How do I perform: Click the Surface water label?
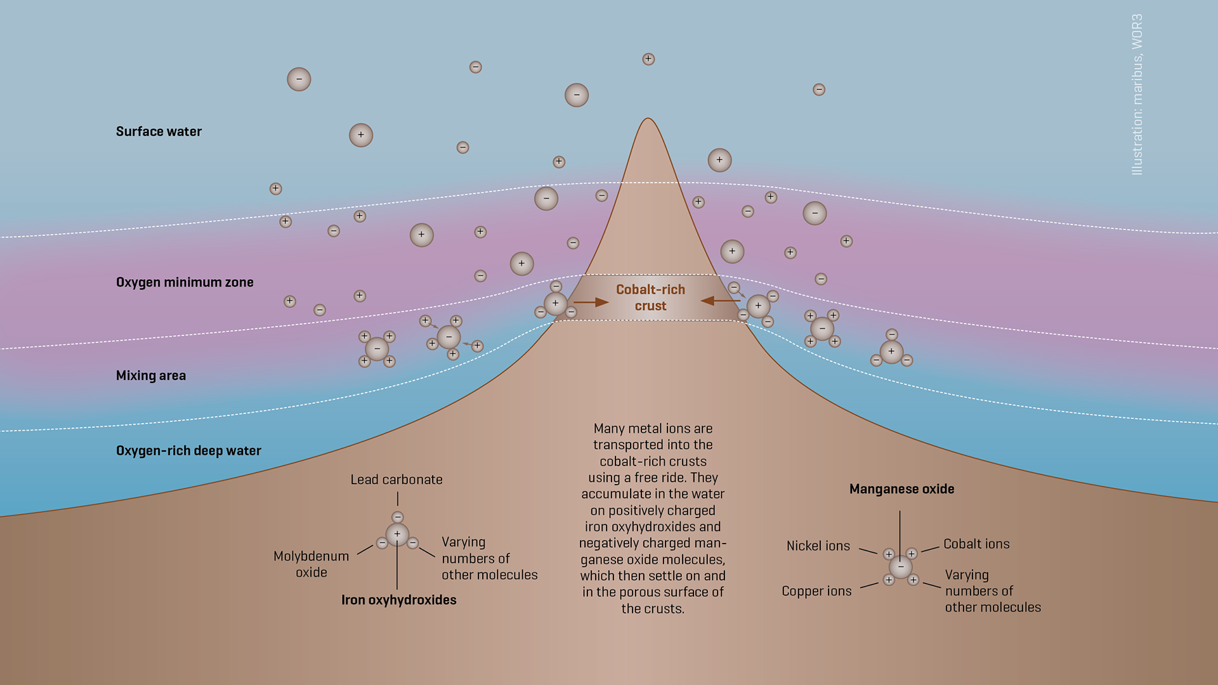[x=159, y=132]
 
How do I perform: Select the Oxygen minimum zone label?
[x=185, y=282]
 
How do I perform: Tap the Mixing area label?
[x=151, y=375]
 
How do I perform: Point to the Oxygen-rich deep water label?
[x=188, y=451]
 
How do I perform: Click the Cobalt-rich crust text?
[x=650, y=297]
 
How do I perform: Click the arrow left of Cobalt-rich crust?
[x=591, y=303]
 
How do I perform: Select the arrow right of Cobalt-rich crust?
[x=719, y=301]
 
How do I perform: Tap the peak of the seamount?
[x=648, y=121]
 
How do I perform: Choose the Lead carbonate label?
[x=396, y=480]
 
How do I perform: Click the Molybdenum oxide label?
[x=311, y=564]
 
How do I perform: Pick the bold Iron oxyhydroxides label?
[x=398, y=600]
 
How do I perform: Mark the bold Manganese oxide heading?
[x=901, y=489]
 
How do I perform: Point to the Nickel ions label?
[x=818, y=546]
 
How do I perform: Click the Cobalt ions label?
[x=976, y=544]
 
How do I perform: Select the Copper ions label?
[x=816, y=591]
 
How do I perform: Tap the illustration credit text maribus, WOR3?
[x=1137, y=95]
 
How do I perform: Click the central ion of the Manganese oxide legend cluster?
[x=900, y=566]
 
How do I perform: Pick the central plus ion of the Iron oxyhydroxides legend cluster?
[x=397, y=534]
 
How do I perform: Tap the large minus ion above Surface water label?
[x=299, y=79]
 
